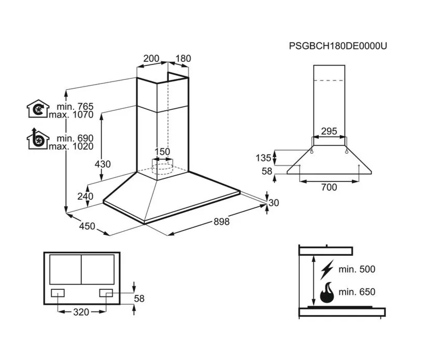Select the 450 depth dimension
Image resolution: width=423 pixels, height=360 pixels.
(x=87, y=226)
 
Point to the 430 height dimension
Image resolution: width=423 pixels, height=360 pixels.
(x=103, y=165)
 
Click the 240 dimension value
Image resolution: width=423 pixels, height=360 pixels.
(x=85, y=197)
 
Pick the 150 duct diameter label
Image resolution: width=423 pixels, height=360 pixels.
(x=162, y=152)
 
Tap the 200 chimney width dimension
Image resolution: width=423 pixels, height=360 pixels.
(x=151, y=59)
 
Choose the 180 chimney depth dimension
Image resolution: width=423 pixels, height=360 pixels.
(x=183, y=59)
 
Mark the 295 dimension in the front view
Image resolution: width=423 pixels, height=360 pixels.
(x=329, y=132)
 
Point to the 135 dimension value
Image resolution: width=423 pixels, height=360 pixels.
(x=264, y=157)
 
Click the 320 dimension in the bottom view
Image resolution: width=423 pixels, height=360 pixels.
(x=80, y=312)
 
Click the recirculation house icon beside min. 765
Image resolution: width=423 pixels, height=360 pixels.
(x=38, y=108)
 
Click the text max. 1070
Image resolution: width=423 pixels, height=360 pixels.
(x=71, y=115)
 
